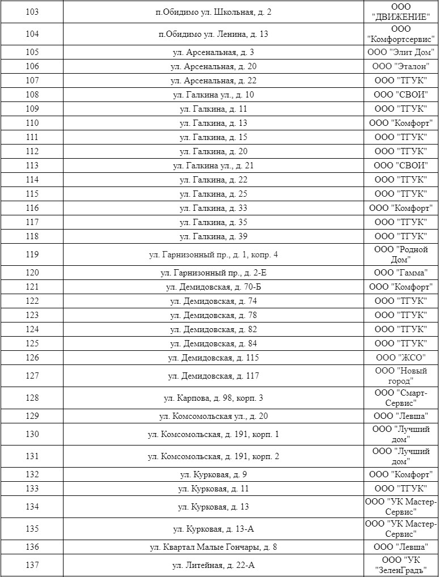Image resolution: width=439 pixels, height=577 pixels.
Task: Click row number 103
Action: tap(32, 12)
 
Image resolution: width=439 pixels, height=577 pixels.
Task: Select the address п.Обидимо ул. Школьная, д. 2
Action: tap(213, 12)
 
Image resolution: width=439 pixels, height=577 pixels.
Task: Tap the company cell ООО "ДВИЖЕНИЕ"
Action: tap(401, 12)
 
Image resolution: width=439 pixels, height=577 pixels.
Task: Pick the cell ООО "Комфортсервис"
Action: tap(401, 35)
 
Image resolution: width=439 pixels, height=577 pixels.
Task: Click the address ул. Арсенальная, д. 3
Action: tap(213, 53)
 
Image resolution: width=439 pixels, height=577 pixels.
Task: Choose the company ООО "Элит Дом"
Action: tap(401, 53)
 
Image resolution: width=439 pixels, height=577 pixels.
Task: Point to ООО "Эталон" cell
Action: tap(401, 67)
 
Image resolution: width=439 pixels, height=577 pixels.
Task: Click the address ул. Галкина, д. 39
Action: tap(213, 236)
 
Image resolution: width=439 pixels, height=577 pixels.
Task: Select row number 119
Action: tap(32, 254)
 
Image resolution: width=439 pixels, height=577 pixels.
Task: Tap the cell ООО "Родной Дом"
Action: tap(401, 254)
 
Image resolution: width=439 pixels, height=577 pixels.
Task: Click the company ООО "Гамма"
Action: tap(401, 273)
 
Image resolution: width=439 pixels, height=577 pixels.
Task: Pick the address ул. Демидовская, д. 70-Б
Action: tap(213, 287)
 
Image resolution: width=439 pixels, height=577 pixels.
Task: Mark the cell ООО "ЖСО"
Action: tap(401, 358)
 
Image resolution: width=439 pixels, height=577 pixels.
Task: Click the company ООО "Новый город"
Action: tap(401, 376)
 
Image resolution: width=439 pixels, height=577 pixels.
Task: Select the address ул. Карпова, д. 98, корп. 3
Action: tap(213, 398)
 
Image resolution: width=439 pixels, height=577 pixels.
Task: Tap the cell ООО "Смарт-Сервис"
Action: tap(401, 398)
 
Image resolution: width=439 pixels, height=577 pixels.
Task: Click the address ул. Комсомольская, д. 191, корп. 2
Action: tap(213, 456)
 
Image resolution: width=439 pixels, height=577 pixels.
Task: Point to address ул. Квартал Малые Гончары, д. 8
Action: tap(213, 547)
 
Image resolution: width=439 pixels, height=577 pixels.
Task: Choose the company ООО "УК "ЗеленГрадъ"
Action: tap(401, 565)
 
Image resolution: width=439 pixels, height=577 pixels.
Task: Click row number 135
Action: tap(32, 529)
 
